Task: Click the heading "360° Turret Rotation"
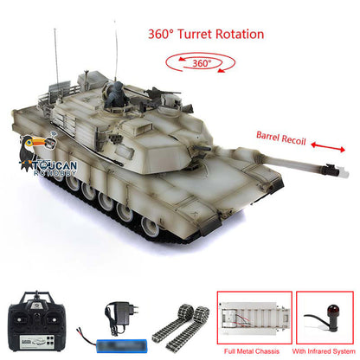pyautogui.click(x=206, y=34)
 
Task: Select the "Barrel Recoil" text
pyautogui.click(x=280, y=138)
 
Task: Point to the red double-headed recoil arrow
pyautogui.click(x=328, y=146)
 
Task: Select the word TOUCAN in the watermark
pyautogui.click(x=55, y=165)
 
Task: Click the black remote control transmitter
pyautogui.click(x=36, y=322)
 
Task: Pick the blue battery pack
pyautogui.click(x=122, y=345)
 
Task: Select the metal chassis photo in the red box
pyautogui.click(x=254, y=318)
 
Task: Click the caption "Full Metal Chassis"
pyautogui.click(x=252, y=351)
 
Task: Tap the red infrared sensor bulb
pyautogui.click(x=334, y=311)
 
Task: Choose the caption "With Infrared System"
pyautogui.click(x=324, y=351)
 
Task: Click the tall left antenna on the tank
pyautogui.click(x=56, y=57)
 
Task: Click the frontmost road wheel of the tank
pyautogui.click(x=150, y=227)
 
